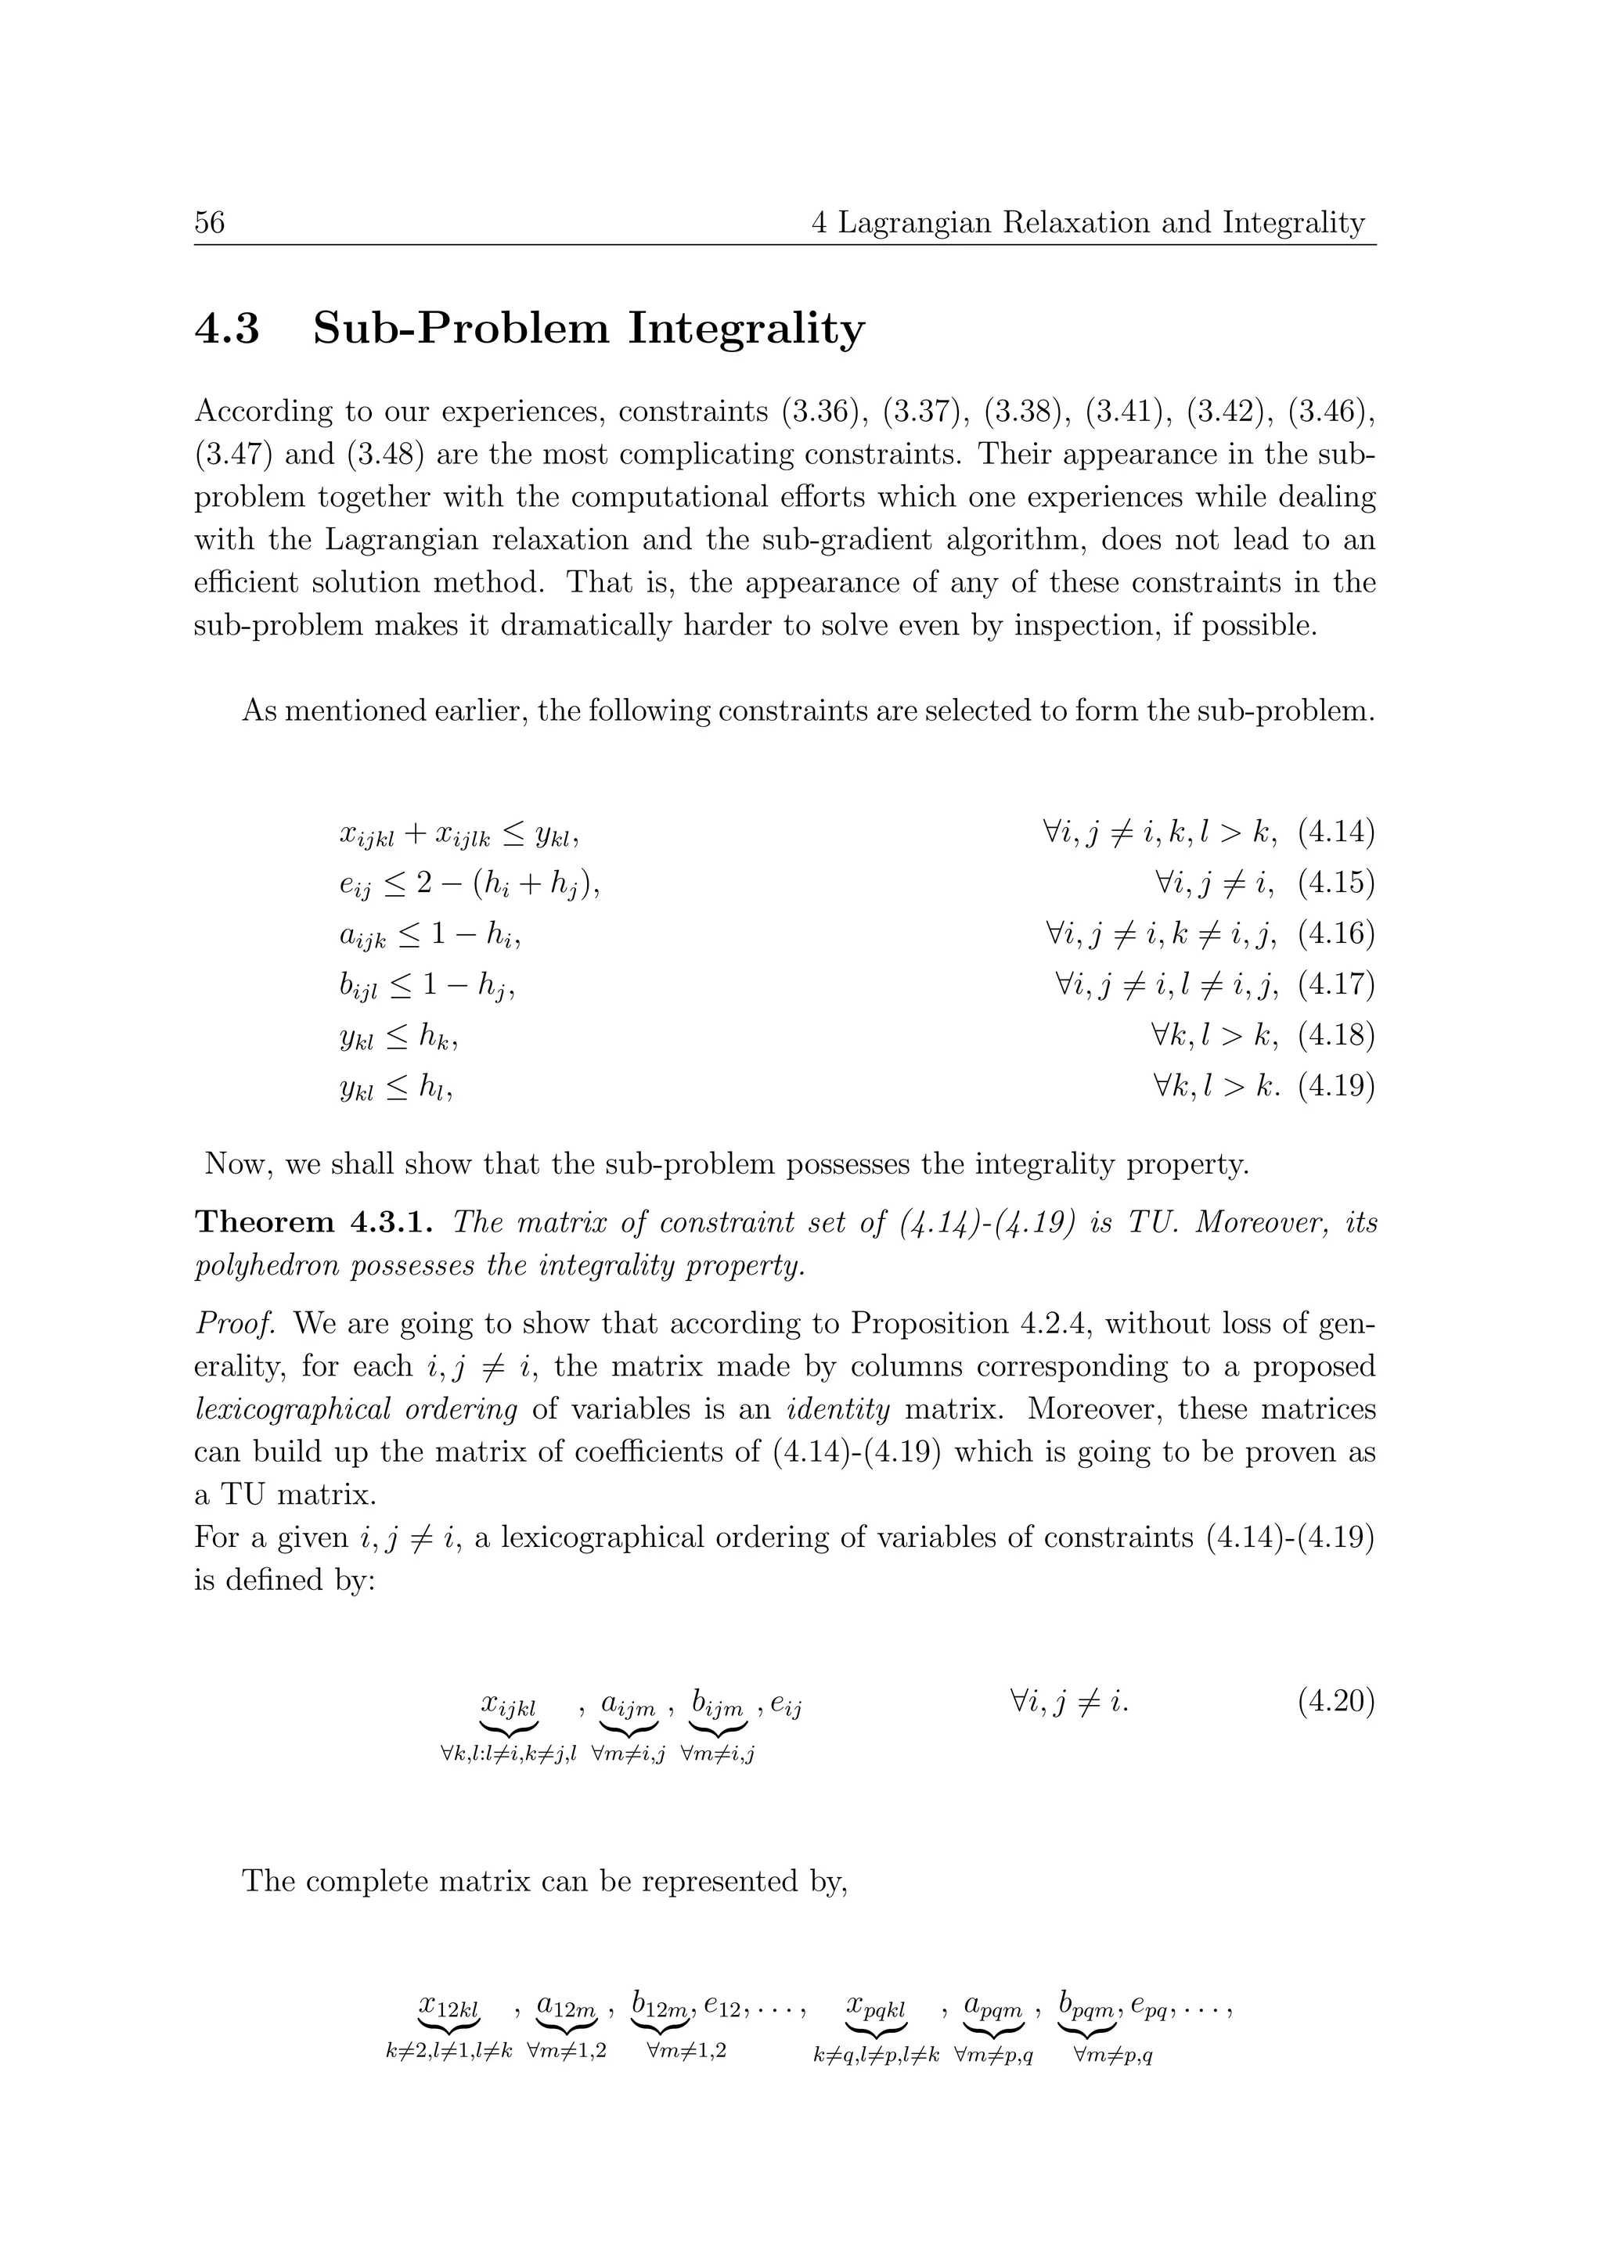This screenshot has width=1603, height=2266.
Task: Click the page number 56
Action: click(x=209, y=222)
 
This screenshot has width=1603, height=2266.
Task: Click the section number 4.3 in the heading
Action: click(x=227, y=329)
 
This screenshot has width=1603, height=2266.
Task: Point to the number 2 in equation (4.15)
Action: click(x=424, y=883)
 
